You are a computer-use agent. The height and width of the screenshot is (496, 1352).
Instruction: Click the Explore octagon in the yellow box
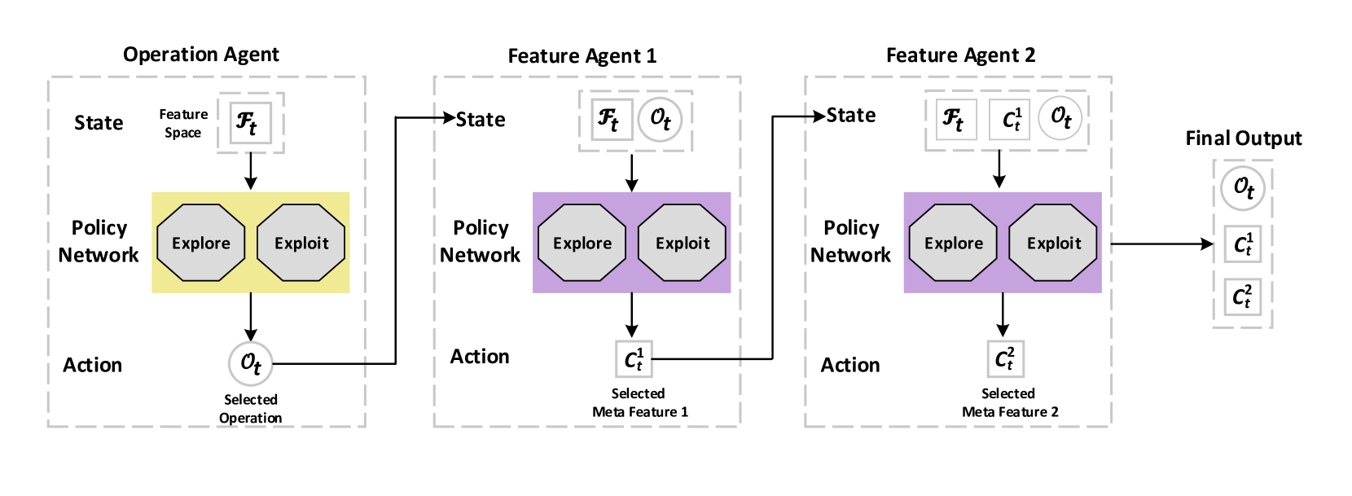point(200,243)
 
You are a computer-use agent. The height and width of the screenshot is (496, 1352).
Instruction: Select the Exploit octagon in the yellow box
point(301,243)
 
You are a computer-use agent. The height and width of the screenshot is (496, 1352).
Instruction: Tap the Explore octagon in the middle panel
point(582,243)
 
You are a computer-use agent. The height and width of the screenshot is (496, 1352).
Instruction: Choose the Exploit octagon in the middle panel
point(683,243)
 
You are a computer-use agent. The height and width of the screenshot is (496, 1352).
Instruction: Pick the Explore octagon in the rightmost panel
point(953,243)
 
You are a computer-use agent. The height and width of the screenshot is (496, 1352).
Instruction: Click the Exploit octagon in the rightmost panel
point(1054,243)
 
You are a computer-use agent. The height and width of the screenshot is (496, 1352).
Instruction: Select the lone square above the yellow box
point(251,122)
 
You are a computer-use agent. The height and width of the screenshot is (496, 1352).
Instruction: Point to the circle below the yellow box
point(251,364)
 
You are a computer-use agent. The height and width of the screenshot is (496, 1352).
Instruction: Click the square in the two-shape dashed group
point(612,120)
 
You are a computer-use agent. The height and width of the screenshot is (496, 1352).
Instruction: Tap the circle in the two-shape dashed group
point(660,120)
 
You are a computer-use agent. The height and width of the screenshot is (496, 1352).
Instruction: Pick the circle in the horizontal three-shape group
point(1060,119)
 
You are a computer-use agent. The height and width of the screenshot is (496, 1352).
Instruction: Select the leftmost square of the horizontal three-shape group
point(957,120)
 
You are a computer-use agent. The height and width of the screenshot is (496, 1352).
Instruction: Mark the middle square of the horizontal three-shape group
point(1009,120)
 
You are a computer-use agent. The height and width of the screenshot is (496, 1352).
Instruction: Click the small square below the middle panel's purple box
point(634,359)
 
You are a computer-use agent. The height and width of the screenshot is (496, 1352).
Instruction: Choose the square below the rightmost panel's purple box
point(1006,359)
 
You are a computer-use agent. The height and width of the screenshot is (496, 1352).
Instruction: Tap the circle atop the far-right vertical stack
point(1243,188)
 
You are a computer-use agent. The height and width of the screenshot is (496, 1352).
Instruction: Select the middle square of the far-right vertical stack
point(1243,244)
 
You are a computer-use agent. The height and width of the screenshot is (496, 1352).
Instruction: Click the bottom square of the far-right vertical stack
point(1243,297)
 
